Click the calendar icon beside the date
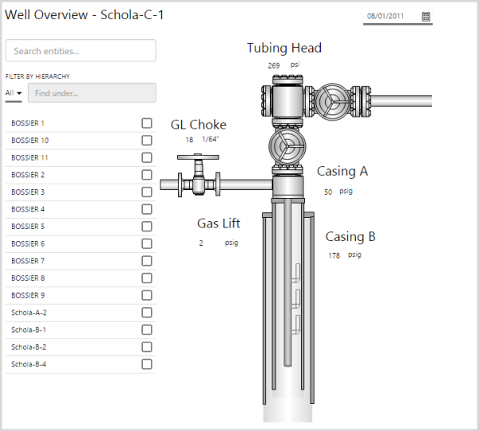[x=426, y=17]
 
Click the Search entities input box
[x=81, y=50]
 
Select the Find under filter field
[x=92, y=93]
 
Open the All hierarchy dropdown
[x=14, y=93]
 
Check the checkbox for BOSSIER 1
[x=147, y=123]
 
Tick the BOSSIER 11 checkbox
[x=147, y=157]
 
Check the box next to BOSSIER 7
[x=147, y=261]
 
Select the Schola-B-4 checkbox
[x=147, y=364]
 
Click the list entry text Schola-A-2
[x=29, y=313]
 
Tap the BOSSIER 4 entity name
[x=28, y=209]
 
